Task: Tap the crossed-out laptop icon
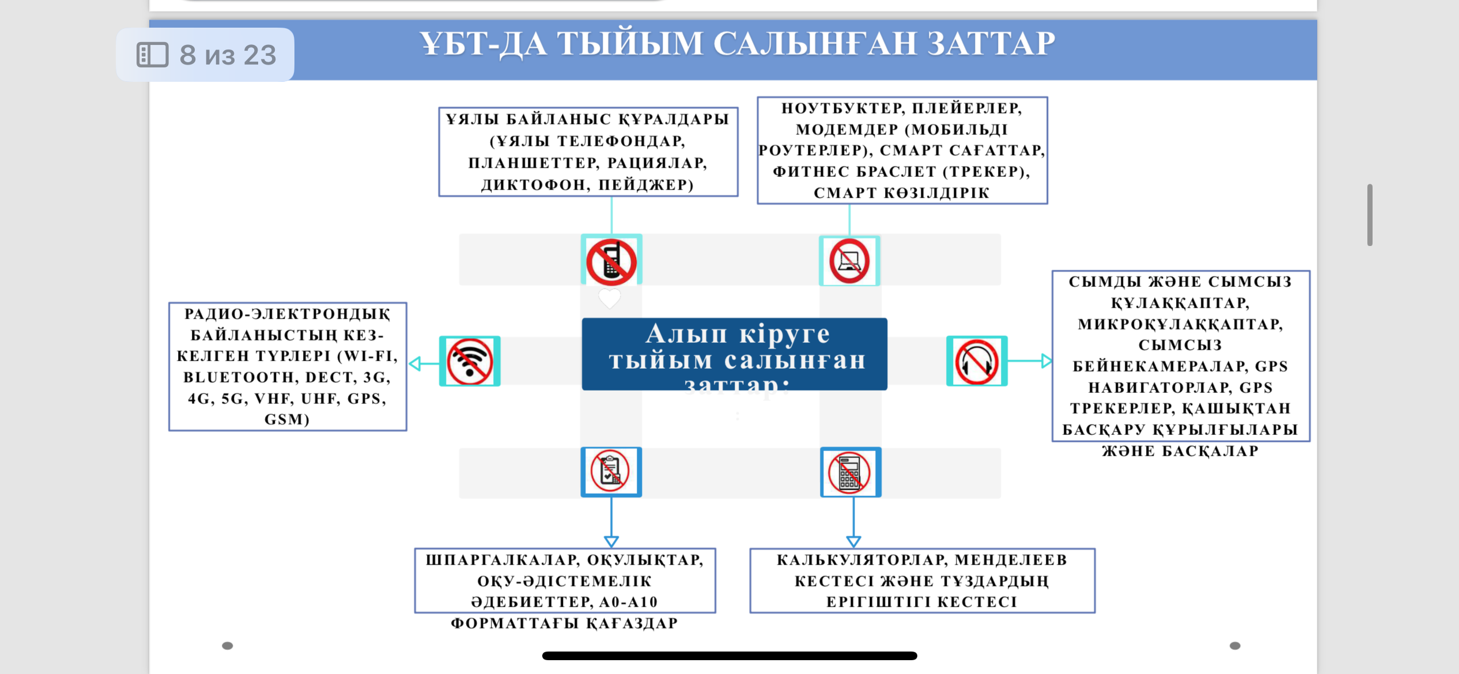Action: (849, 262)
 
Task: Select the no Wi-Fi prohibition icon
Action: (470, 362)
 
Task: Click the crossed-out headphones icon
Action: (977, 362)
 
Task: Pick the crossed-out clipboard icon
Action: (611, 472)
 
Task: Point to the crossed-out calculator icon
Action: (850, 472)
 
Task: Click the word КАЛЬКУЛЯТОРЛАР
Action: (860, 560)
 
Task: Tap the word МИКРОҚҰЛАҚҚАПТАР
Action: (1180, 324)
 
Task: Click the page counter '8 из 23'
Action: (228, 55)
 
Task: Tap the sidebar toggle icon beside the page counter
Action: (152, 55)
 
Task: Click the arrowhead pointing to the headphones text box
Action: (1046, 361)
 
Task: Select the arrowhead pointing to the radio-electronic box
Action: (415, 363)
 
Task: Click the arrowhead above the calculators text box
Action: (853, 541)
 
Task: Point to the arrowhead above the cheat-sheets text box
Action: (611, 541)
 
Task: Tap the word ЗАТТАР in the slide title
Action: (991, 44)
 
